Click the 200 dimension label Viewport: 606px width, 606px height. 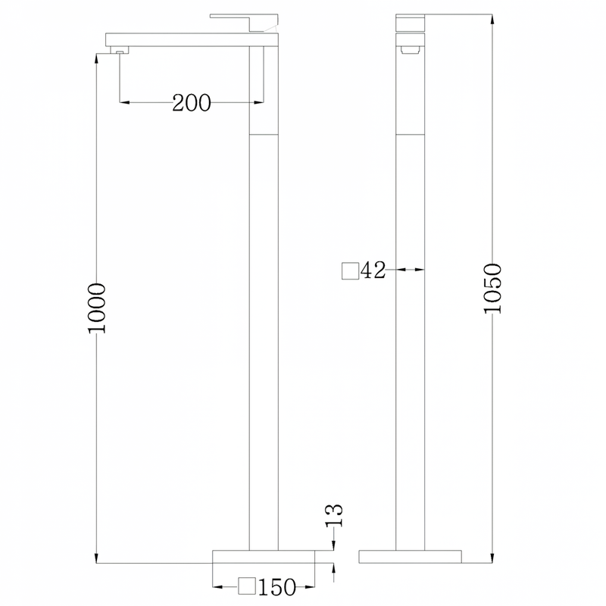coord(192,103)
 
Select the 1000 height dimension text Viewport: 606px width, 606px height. coord(97,308)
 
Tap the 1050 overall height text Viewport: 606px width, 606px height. coord(493,289)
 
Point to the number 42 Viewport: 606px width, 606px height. coord(373,270)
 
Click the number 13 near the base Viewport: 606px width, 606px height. coord(334,515)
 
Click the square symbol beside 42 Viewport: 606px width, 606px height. coord(351,270)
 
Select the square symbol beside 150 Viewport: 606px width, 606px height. coord(248,586)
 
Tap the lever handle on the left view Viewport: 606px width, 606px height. coord(244,23)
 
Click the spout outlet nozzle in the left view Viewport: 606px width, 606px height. coord(120,50)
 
